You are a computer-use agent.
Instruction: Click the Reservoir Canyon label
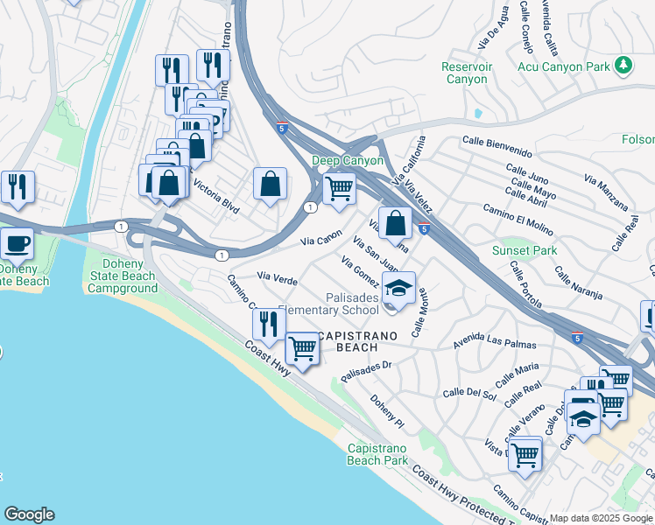[464, 73]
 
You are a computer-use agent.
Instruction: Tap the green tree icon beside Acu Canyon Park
[623, 65]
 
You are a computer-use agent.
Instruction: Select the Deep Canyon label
[348, 161]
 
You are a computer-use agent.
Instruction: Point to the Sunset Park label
[525, 250]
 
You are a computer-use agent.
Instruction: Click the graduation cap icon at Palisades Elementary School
[399, 288]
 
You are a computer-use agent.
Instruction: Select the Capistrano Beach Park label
[377, 454]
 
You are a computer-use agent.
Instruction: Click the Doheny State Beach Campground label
[123, 276]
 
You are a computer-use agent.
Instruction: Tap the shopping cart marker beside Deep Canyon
[339, 186]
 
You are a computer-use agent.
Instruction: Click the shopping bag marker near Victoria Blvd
[271, 183]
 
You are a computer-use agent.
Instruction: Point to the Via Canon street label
[320, 237]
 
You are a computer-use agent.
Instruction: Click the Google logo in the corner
[29, 514]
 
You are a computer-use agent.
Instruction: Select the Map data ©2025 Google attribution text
[602, 518]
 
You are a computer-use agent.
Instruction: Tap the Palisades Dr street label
[365, 371]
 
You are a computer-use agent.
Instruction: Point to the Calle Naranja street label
[578, 285]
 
